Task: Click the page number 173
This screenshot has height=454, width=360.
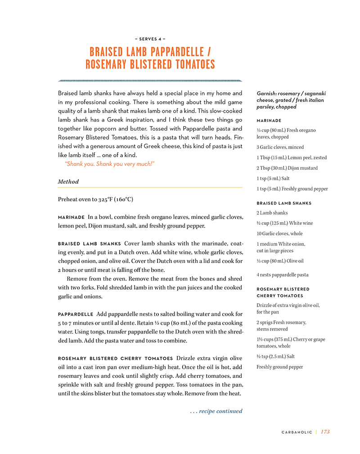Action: tap(325, 431)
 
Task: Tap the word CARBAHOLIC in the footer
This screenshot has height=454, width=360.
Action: tap(297, 432)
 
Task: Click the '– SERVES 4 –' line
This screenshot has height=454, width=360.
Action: tap(150, 39)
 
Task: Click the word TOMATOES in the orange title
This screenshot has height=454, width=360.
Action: tap(189, 65)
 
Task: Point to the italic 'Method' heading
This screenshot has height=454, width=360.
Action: tap(68, 182)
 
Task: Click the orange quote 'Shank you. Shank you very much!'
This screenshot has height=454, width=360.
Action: tap(110, 164)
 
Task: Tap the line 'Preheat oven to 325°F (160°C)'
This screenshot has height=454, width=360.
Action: tap(95, 199)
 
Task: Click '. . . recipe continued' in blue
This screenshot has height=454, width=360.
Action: tap(216, 411)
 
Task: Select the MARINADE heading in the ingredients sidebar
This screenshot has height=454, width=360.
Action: tap(269, 121)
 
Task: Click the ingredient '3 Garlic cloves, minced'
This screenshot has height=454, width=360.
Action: tap(280, 147)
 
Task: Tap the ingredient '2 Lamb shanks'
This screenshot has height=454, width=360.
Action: tap(272, 213)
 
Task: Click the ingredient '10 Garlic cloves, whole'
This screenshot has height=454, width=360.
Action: tap(279, 233)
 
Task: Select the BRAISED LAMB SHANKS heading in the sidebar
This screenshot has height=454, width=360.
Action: tap(284, 203)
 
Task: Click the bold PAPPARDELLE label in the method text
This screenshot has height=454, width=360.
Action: tap(76, 314)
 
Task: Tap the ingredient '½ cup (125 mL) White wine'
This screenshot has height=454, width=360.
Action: tap(284, 223)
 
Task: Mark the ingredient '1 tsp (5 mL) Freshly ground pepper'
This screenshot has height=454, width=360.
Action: tap(292, 189)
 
